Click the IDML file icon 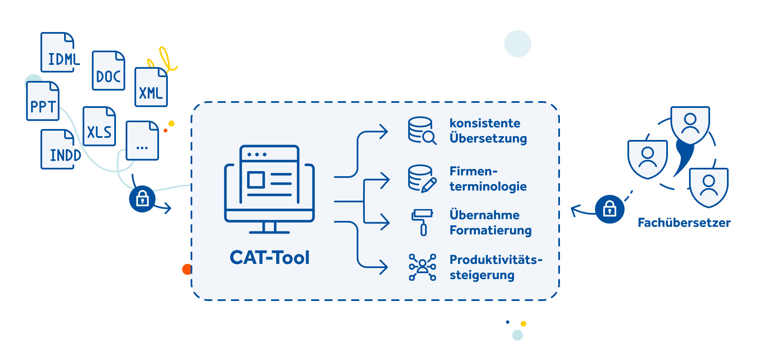coord(58,52)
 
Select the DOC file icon coord(108,70)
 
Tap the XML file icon coord(151,87)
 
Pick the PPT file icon coord(43,101)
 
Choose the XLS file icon coord(99,126)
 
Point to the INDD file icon coord(58,149)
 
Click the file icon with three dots coord(143,141)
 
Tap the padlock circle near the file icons coord(142,199)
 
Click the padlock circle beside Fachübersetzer coord(610,209)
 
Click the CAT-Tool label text coord(269,258)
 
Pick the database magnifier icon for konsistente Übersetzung coord(422,131)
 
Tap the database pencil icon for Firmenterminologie coord(422,179)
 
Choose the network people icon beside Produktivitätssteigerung coord(422,267)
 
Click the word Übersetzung coord(488,138)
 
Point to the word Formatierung coord(490,230)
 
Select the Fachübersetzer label coord(684,223)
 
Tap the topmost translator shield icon coord(690,125)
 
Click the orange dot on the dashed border coord(187,269)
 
